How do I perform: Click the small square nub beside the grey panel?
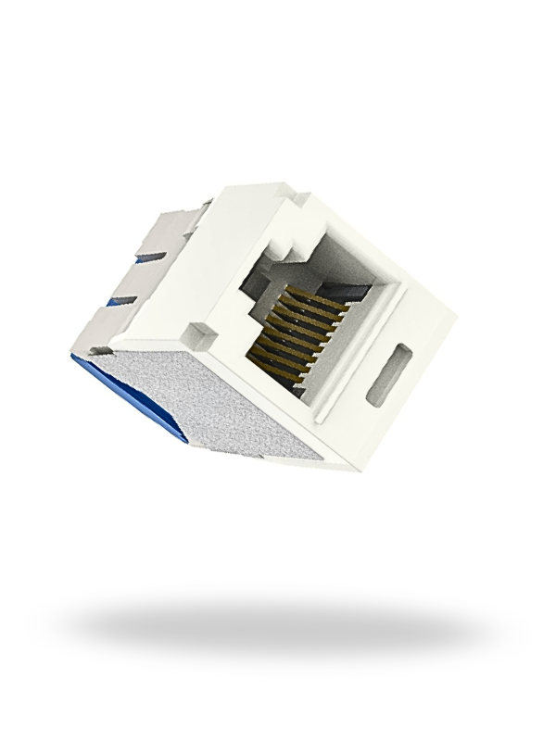coord(195,332)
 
